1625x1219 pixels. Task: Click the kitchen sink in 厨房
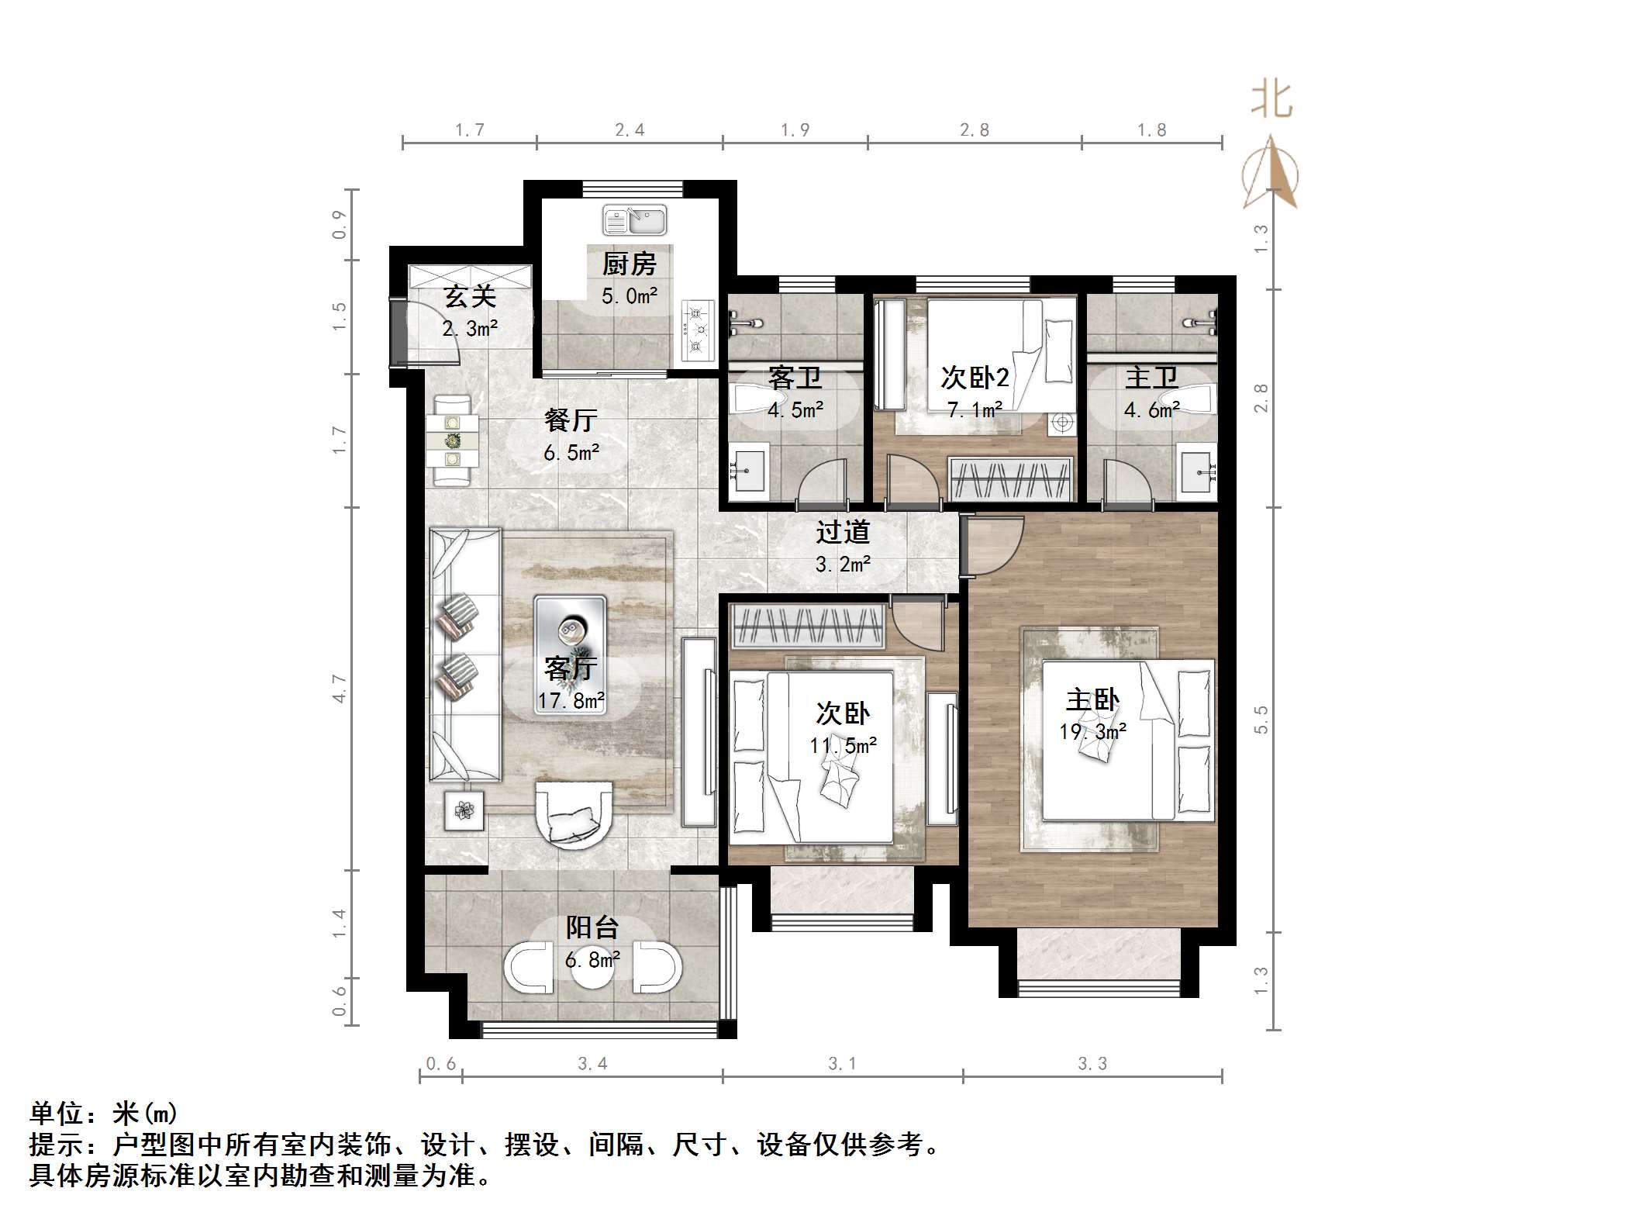(634, 220)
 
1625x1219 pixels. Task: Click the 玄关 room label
(469, 297)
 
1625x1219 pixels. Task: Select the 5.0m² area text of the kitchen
(630, 295)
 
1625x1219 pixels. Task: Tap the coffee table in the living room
(570, 630)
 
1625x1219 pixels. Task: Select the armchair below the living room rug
(573, 815)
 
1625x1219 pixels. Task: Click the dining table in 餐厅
(451, 441)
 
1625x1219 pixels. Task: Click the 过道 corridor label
(843, 532)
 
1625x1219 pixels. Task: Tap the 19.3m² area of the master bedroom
(1092, 731)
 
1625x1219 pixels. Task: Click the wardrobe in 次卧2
(1012, 479)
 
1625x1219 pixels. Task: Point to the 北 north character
(1271, 100)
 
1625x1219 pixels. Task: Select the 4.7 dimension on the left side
(340, 689)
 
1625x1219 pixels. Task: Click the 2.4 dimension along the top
(630, 130)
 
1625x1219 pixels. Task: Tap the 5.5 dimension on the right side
(1261, 720)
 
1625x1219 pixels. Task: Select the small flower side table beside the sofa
(464, 811)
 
